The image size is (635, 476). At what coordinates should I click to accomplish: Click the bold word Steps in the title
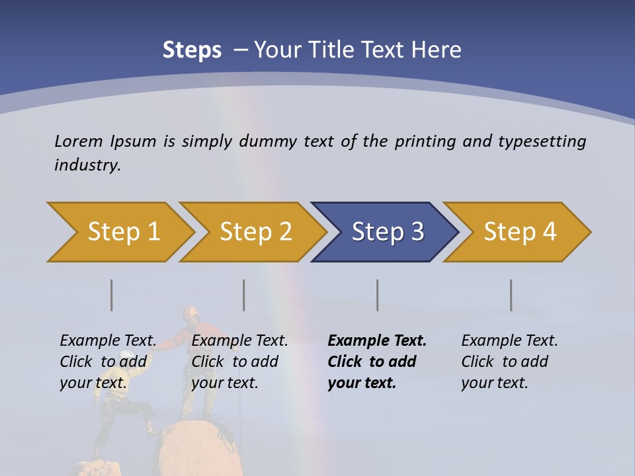coord(192,50)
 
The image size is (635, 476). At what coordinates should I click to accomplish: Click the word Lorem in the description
coord(79,141)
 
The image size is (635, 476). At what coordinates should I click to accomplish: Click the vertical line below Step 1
coord(112,295)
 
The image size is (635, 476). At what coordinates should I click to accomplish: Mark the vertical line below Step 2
coord(244,295)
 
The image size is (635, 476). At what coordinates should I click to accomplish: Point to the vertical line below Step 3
coord(378,295)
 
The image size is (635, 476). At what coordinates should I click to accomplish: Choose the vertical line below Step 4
coord(511,295)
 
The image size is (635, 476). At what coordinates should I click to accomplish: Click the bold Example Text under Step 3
coord(377,341)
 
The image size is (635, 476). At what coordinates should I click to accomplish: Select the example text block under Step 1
coord(108,362)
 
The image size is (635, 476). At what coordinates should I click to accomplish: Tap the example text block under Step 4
coord(509,362)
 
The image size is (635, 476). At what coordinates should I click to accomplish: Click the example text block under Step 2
coord(239,362)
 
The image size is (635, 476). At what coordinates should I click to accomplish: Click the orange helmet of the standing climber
coord(191,311)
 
